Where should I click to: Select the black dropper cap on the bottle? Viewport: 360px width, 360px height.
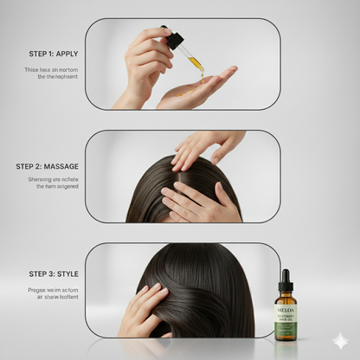point(286,282)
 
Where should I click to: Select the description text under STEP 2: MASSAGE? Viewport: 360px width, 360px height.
point(49,183)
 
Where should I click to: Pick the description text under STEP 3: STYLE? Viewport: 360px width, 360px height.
point(51,292)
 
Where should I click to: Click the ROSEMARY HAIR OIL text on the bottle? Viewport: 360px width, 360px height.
point(286,317)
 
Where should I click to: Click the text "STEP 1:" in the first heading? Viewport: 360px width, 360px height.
point(29,54)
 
